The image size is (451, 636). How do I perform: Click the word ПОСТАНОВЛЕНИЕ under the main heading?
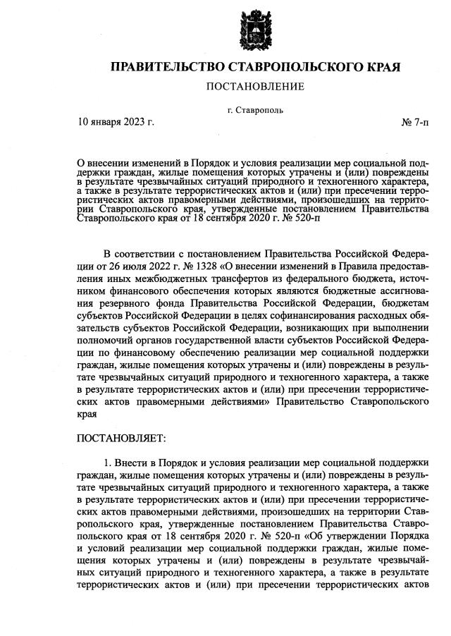click(x=254, y=87)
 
